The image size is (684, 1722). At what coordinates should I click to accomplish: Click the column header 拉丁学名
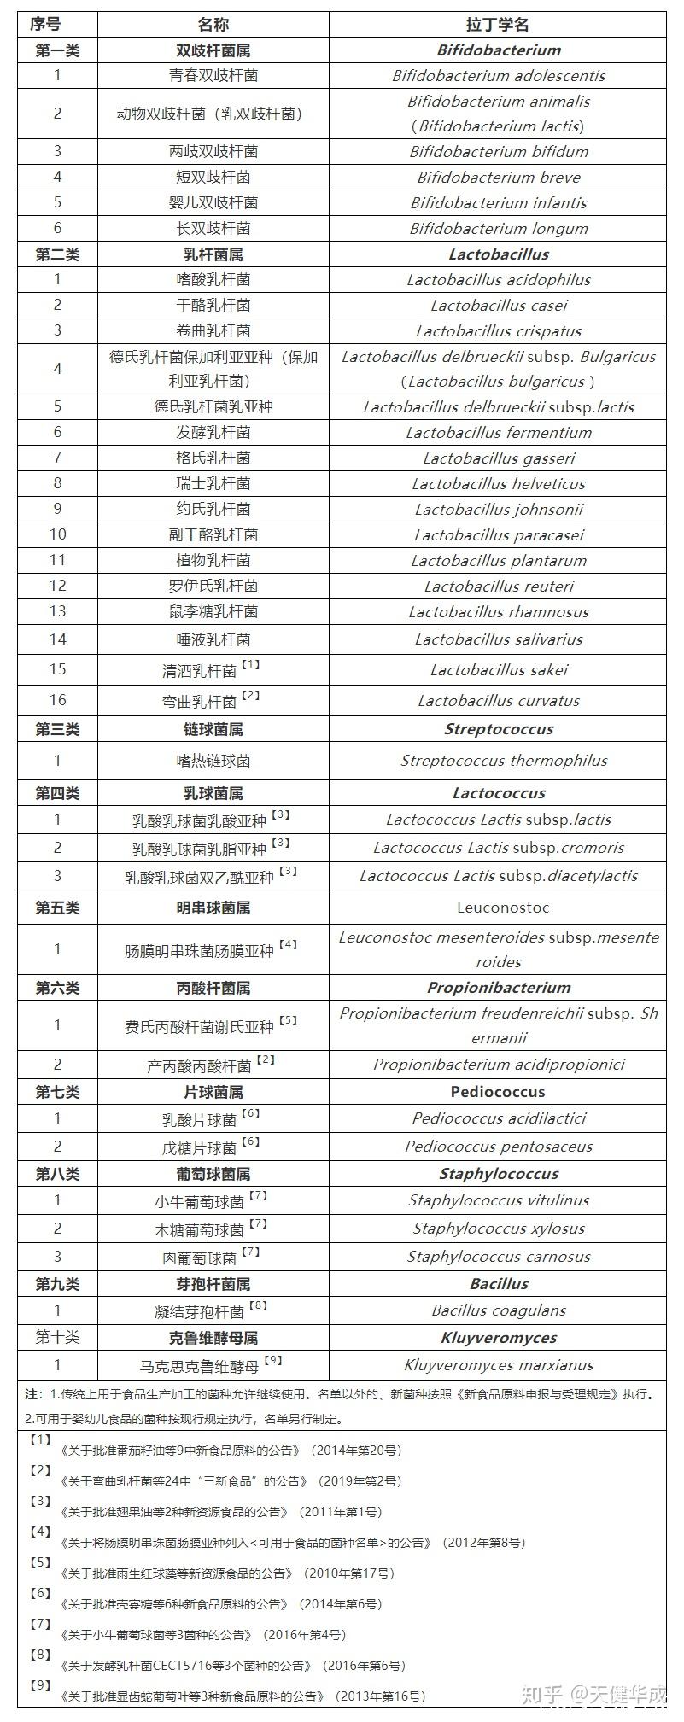pos(499,25)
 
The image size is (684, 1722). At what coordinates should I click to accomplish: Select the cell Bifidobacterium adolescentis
pos(499,76)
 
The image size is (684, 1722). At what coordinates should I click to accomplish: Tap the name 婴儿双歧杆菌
pos(213,203)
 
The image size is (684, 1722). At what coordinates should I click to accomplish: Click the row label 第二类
pos(57,254)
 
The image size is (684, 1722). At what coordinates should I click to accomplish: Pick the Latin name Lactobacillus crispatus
pos(499,331)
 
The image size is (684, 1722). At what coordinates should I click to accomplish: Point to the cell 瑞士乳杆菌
pos(213,484)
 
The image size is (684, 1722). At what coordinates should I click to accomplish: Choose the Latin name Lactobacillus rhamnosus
pos(499,612)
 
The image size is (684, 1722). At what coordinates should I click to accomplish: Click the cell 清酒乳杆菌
pos(200,671)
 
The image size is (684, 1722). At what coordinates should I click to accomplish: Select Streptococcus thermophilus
pos(504,761)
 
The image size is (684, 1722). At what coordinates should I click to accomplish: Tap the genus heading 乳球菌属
pos(213,793)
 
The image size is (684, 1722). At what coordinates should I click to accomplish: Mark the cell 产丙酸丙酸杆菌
pos(199,1066)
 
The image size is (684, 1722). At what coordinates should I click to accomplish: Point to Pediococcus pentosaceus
pos(499,1147)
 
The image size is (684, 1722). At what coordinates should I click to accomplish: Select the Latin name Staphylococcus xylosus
pos(499,1229)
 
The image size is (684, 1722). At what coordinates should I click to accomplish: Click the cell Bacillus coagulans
pos(499,1310)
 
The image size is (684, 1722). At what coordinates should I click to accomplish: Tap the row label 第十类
pos(57,1338)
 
